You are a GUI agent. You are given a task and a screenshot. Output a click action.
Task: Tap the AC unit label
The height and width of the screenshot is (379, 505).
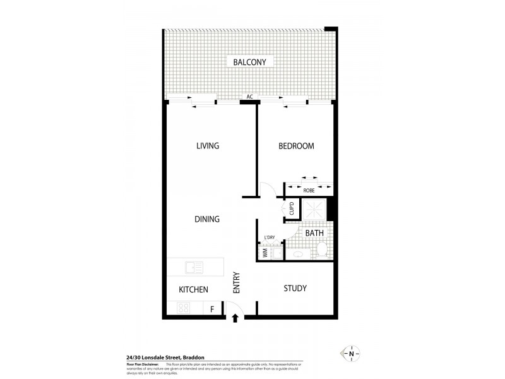250,97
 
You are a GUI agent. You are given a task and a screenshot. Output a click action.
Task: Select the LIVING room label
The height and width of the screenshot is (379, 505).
207,146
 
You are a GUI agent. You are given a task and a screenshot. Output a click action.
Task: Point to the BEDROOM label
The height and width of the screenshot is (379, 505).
296,146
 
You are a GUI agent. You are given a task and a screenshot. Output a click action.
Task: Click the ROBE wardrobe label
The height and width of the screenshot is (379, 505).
309,189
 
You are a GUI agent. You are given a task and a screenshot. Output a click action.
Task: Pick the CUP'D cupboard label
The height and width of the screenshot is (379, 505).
291,208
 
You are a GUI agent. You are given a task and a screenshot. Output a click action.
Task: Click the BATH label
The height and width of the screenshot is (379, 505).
314,233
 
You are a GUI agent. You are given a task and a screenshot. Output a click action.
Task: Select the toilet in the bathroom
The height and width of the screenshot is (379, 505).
321,252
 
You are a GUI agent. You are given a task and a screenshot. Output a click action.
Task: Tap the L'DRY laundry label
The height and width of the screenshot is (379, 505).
270,238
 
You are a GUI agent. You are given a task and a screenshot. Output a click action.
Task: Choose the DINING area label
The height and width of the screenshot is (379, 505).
206,219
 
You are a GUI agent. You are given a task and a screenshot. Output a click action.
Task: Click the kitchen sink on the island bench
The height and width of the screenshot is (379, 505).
193,267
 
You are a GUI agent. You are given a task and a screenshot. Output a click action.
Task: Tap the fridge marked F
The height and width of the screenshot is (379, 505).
212,308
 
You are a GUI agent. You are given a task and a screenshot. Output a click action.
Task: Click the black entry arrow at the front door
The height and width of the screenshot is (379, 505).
235,318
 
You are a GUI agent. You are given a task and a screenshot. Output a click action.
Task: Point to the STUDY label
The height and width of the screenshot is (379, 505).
295,288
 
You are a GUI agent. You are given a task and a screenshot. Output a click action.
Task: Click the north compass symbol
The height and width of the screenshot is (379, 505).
351,354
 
